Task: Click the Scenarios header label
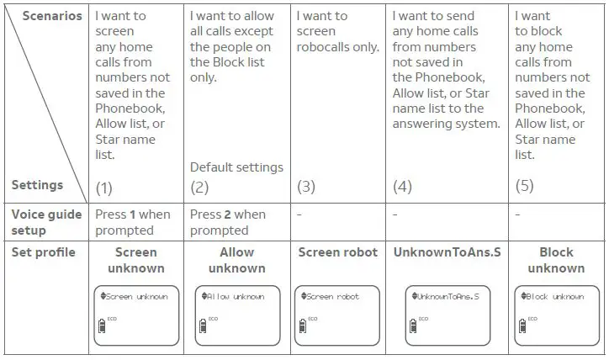coord(53,16)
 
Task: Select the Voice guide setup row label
coord(46,222)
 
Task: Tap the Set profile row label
coord(43,252)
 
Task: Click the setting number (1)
coord(104,186)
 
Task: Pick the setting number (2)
coord(199,186)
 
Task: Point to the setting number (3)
coord(306,186)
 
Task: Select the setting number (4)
coord(402,186)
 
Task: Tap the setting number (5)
coord(525,186)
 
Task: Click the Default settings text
coord(236,167)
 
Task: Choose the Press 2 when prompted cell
coord(228,222)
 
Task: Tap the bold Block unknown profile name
coord(556,260)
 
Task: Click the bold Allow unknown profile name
coord(236,260)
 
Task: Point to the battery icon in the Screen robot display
coord(301,325)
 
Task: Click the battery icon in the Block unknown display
coord(522,325)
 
